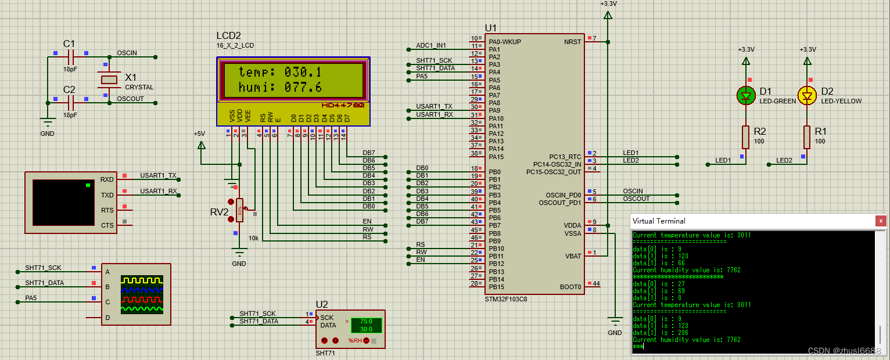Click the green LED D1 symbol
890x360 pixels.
tap(746, 96)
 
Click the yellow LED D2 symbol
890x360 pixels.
tap(808, 96)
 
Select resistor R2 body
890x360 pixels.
tap(746, 136)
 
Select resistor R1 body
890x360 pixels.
tap(808, 136)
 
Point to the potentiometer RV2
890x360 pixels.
tap(239, 210)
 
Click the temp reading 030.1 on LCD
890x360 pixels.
tap(303, 72)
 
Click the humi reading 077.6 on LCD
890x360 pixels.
tap(303, 88)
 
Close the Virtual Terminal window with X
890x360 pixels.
tap(881, 221)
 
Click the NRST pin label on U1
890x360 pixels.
tap(572, 42)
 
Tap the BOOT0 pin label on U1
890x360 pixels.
tap(570, 287)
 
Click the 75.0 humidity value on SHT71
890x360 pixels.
tap(366, 321)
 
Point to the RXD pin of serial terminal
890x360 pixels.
tap(107, 179)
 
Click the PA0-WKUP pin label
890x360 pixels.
tap(505, 42)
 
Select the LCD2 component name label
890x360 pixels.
tap(228, 35)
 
